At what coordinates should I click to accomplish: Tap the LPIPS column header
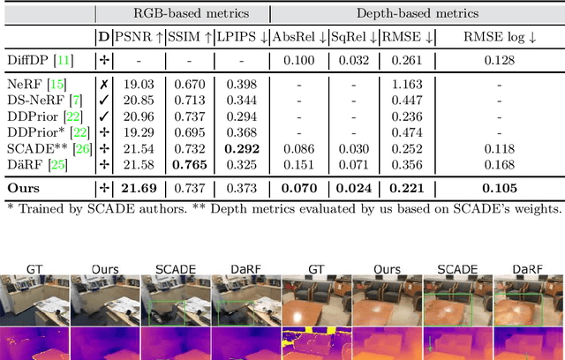click(242, 36)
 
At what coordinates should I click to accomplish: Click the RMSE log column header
click(499, 36)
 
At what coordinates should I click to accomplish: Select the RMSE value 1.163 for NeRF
click(405, 84)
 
